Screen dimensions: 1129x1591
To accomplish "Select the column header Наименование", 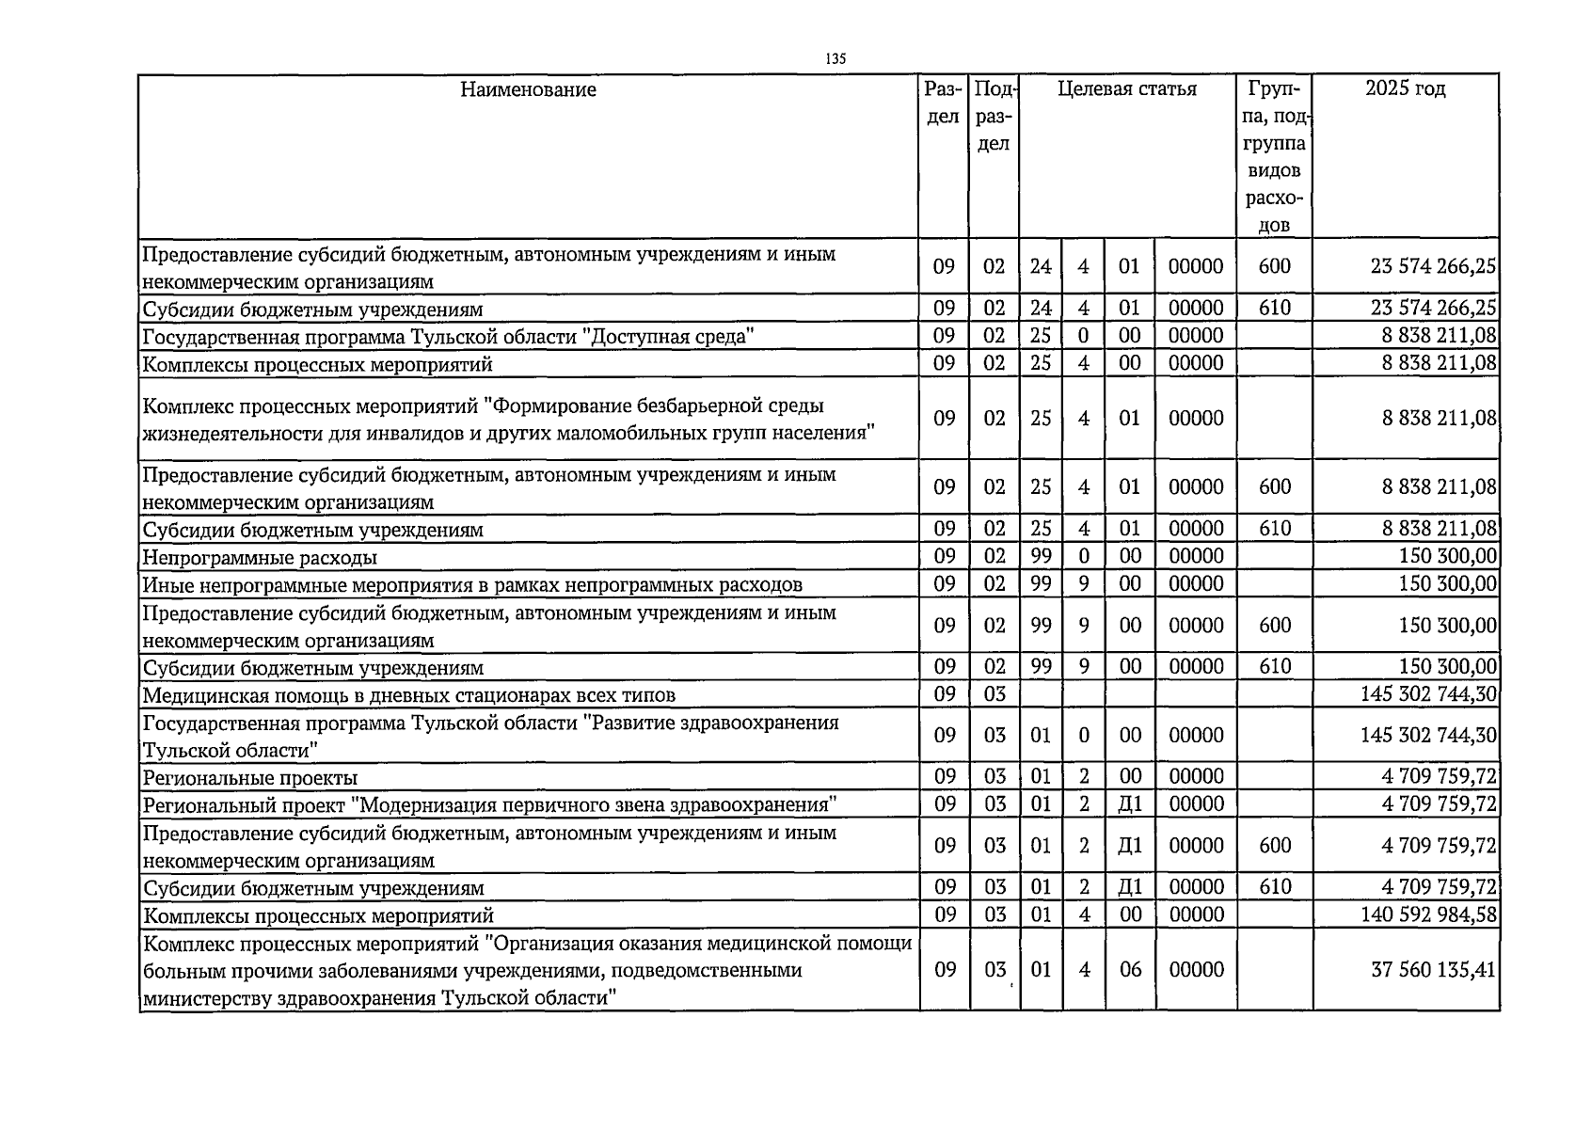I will pos(528,89).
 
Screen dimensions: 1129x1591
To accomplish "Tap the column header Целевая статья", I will pos(1127,89).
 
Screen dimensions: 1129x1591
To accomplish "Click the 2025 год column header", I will pos(1405,89).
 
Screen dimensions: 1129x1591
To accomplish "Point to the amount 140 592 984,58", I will pos(1428,914).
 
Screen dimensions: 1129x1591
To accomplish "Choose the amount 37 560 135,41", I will pos(1433,970).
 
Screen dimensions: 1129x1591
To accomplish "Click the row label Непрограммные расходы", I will pos(260,557).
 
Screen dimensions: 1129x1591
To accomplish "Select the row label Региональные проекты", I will pos(250,778).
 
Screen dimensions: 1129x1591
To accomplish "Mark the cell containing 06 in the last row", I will pos(1130,970).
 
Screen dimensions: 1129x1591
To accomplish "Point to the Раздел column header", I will pos(943,103).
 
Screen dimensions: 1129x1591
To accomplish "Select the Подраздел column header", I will pos(994,116).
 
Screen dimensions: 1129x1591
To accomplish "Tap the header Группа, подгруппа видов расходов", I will pos(1274,156).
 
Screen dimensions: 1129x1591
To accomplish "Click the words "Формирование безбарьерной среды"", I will pos(660,405).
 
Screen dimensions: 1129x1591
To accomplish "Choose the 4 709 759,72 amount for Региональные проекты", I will pos(1439,777).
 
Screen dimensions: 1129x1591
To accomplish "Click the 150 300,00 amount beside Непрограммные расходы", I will pos(1447,556).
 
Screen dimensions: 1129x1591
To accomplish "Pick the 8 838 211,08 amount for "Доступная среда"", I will pos(1439,336).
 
